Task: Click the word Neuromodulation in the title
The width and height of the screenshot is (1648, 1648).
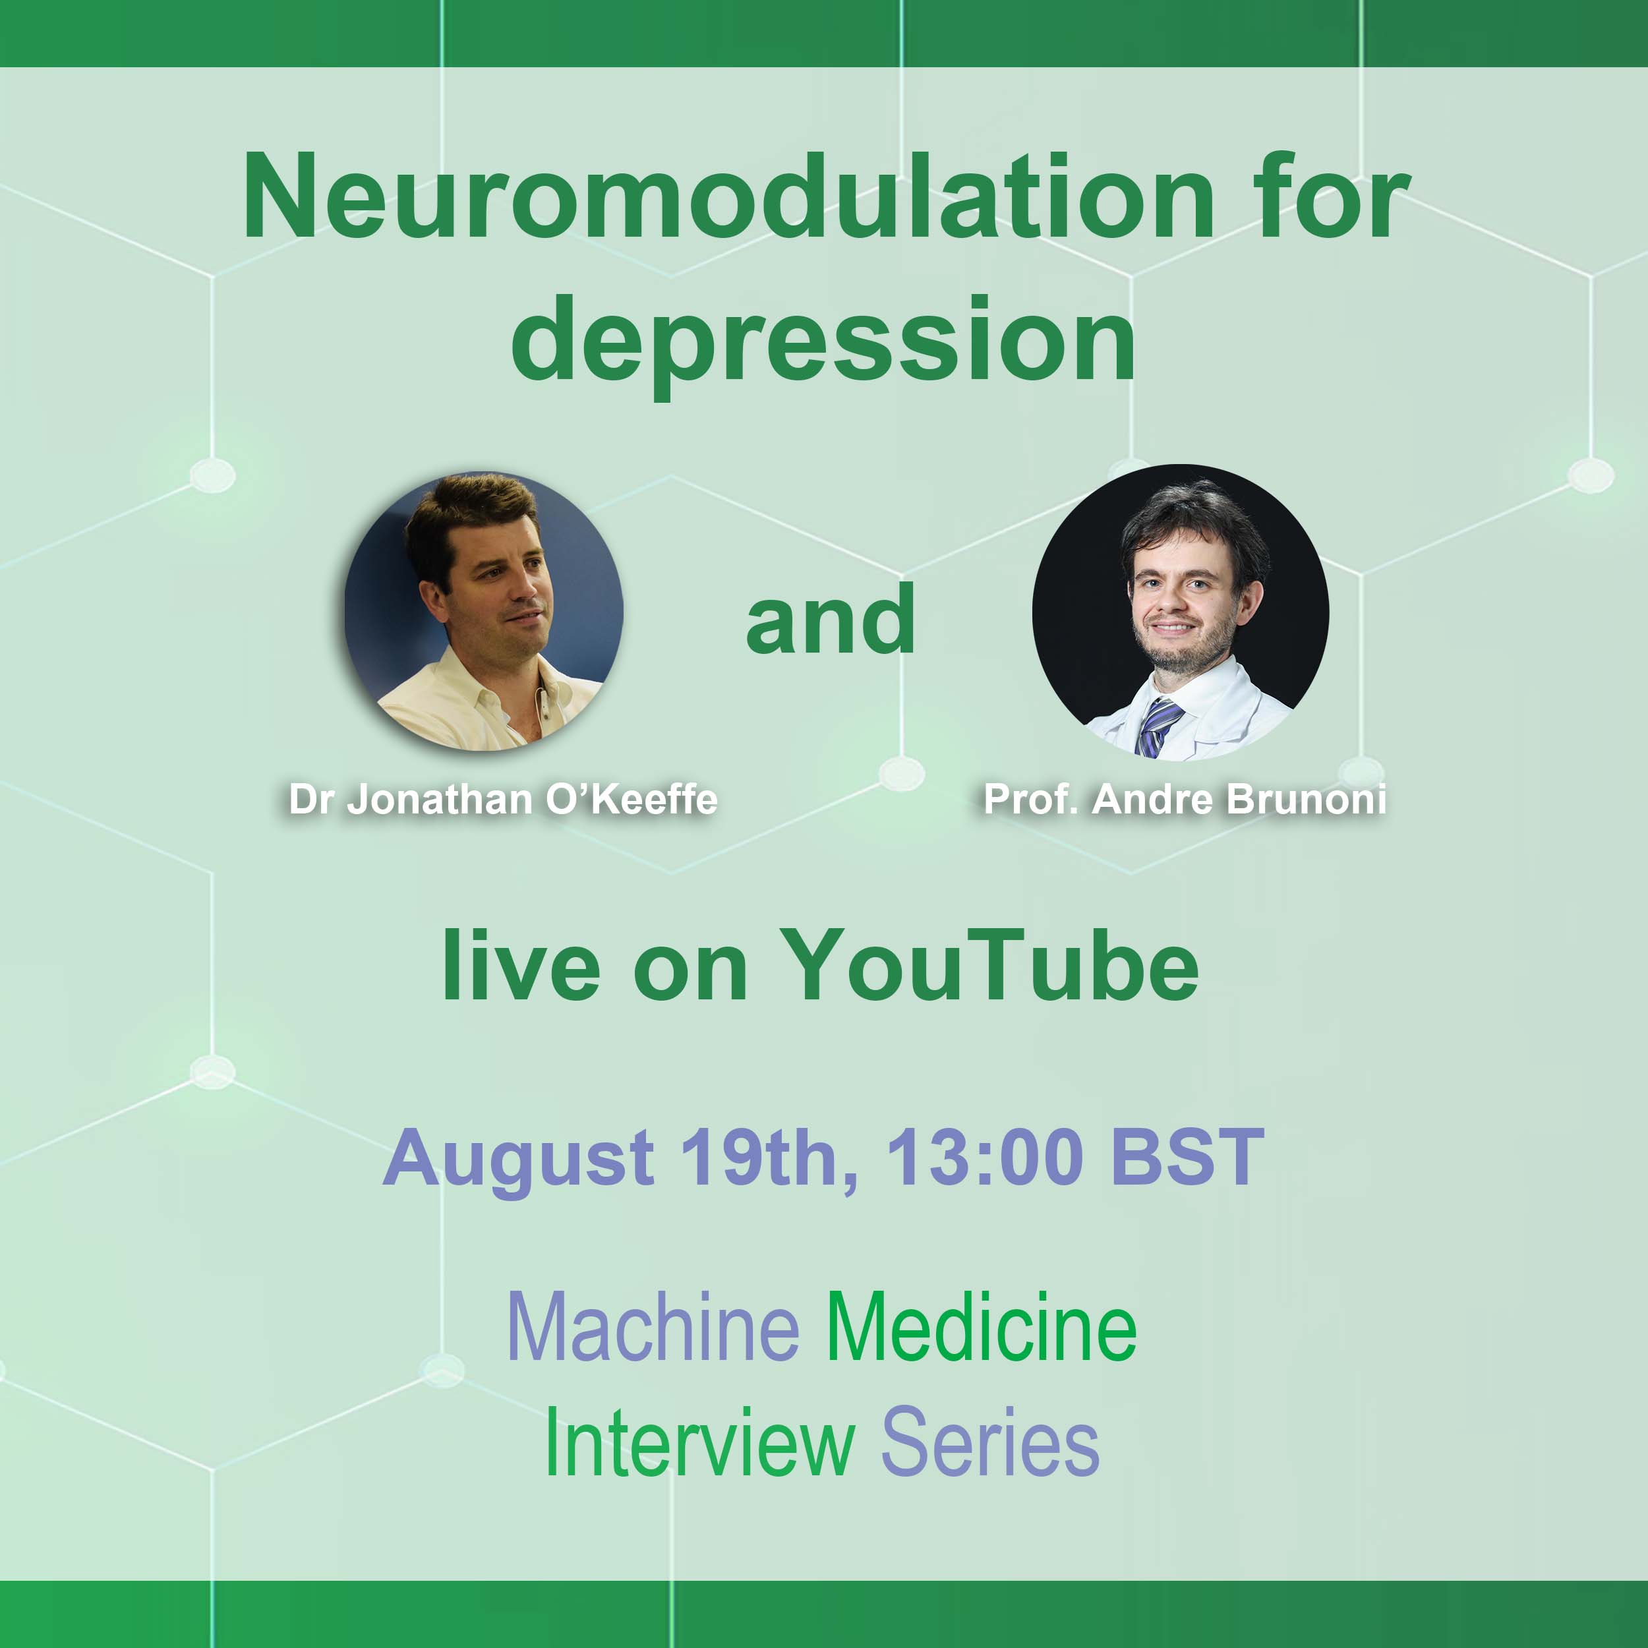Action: pos(729,197)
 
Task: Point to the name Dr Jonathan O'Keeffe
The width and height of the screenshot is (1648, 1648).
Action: pos(503,799)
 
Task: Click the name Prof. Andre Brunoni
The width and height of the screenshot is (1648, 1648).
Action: pos(1185,799)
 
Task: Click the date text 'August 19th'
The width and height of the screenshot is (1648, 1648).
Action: pos(620,1158)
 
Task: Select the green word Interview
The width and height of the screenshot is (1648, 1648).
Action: pos(699,1442)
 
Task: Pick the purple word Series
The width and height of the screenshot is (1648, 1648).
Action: pos(990,1442)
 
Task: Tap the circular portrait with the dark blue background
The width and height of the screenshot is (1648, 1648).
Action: pos(484,611)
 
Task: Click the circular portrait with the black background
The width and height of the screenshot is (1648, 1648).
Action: pos(1181,612)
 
